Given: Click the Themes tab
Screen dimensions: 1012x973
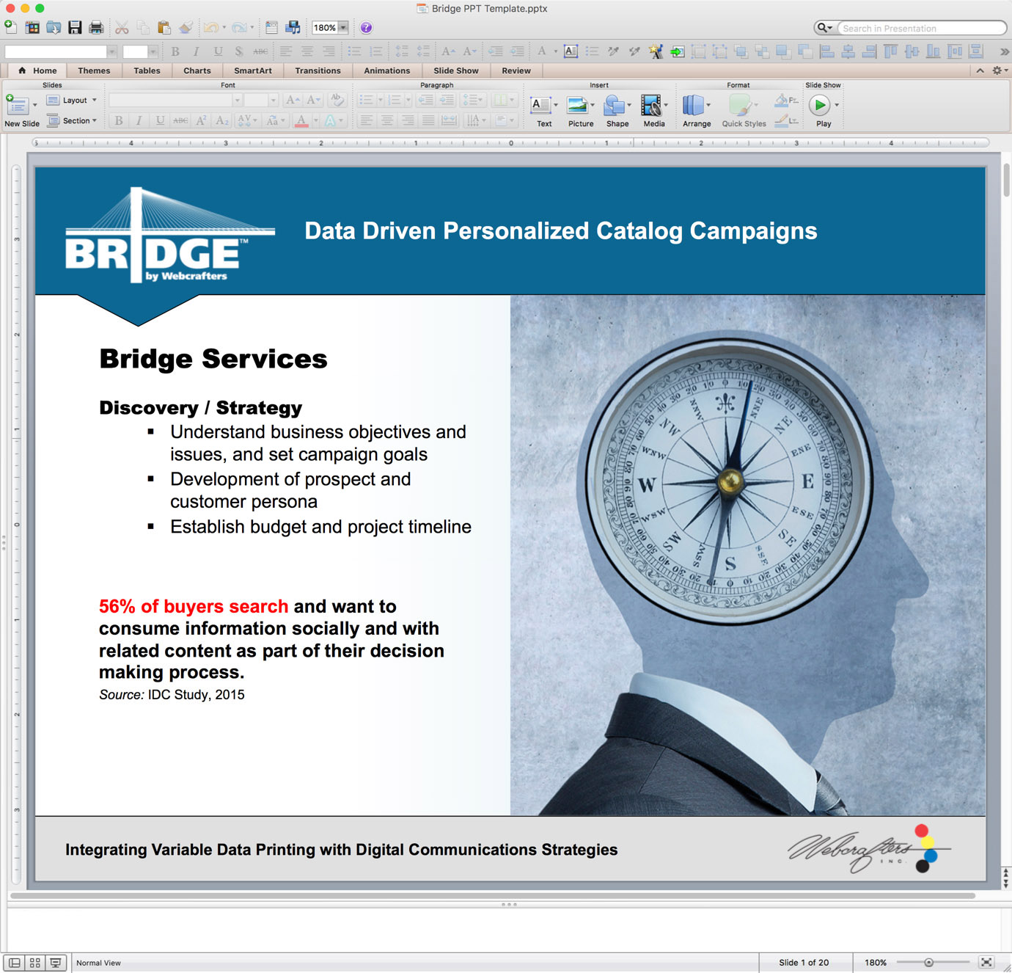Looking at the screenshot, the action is pos(94,70).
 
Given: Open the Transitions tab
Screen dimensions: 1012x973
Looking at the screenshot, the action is pos(318,70).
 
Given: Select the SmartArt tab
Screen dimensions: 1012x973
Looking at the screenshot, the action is pos(253,70).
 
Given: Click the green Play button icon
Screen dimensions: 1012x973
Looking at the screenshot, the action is pos(820,105).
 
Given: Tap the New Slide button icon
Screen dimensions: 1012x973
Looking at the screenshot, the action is pos(17,105).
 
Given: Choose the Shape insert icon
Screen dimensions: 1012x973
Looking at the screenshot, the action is pos(615,105).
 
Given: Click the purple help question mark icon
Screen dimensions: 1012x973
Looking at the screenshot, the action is pos(366,28).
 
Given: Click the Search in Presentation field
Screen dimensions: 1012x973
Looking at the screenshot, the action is pos(922,28).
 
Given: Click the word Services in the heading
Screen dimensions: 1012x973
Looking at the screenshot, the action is pos(265,359).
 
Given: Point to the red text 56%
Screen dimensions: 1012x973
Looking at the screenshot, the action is pos(117,606).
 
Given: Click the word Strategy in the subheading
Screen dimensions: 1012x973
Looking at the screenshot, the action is pos(259,408).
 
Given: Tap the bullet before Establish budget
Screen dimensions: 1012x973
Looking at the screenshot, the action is pos(151,527).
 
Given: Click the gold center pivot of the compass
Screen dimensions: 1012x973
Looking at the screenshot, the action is pos(730,481).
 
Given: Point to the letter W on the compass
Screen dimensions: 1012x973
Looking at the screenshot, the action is pos(646,485).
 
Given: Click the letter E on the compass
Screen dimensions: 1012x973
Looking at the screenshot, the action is pos(807,481).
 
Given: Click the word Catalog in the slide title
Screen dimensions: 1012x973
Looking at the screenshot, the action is pos(639,232).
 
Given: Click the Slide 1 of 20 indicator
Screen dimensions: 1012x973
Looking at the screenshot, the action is pos(804,963).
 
